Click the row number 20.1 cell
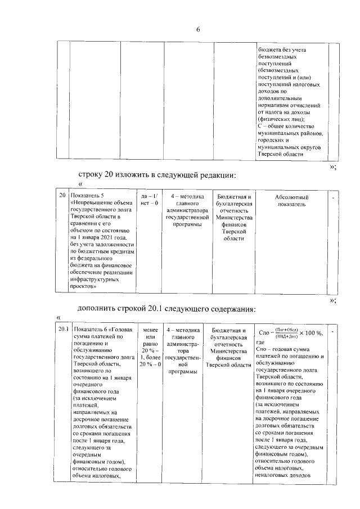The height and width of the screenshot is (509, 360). pyautogui.click(x=62, y=330)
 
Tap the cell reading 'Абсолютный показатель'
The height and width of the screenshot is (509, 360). pyautogui.click(x=291, y=201)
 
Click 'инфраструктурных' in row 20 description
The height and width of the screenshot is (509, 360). pyautogui.click(x=95, y=278)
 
